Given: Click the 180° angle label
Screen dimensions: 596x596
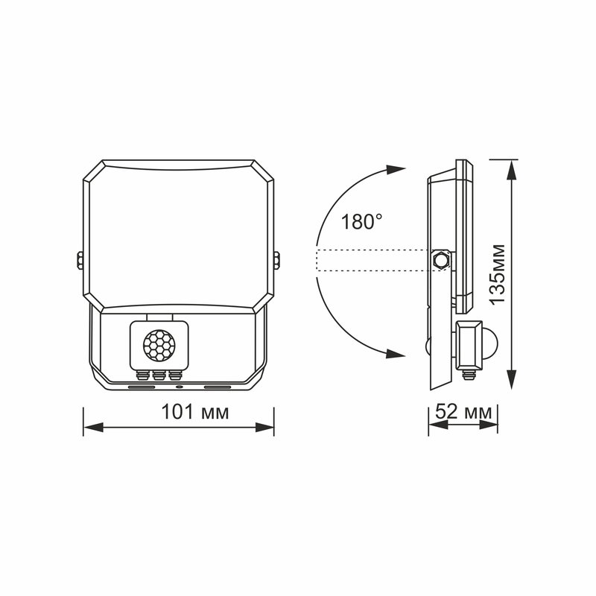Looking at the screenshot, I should (361, 221).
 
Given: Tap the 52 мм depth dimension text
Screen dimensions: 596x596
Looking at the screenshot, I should (463, 411).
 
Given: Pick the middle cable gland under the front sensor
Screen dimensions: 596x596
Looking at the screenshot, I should (159, 375).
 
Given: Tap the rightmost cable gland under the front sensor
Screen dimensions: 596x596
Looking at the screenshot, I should (174, 375).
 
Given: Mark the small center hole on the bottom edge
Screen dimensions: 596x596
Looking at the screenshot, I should (179, 388).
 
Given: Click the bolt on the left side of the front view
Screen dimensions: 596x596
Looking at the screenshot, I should (79, 260).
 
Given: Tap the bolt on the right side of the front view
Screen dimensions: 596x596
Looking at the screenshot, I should (278, 260).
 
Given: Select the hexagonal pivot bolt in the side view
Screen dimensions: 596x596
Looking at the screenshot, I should (440, 260).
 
